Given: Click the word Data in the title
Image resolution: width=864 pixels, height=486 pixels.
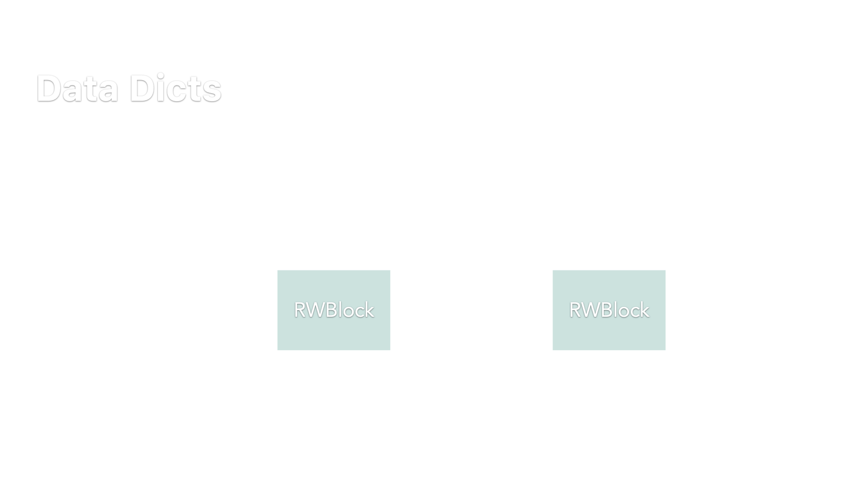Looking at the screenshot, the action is pos(77,88).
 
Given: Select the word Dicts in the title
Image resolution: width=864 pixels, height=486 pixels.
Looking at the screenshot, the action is pos(175,88).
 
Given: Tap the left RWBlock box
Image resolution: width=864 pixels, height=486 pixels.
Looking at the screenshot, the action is pos(334,310).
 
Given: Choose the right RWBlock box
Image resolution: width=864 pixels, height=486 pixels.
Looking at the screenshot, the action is pos(609,310).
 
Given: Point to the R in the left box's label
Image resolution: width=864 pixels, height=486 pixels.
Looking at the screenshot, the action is pos(300,310).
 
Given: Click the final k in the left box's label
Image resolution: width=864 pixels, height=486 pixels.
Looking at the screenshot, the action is pos(369,310).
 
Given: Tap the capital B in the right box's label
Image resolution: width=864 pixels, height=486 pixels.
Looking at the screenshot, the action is pos(606,310).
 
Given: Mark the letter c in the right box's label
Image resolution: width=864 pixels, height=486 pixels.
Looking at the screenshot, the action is pos(635,312).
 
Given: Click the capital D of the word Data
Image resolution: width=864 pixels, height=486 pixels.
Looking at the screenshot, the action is pos(49,88).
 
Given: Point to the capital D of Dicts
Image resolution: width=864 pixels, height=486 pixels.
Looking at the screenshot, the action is pos(141,88).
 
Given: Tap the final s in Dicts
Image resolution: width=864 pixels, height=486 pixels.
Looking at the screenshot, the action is pos(212,91).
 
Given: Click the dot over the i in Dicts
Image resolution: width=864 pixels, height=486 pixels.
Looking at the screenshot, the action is pos(161,75).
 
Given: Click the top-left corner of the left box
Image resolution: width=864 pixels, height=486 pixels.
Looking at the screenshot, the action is pos(278,270).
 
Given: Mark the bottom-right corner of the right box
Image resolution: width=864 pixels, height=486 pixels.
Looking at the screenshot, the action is pos(666,350).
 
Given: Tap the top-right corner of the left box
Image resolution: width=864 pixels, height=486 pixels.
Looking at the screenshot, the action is pos(390,270).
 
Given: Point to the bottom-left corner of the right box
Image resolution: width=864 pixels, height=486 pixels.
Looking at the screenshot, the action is pos(553,350).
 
